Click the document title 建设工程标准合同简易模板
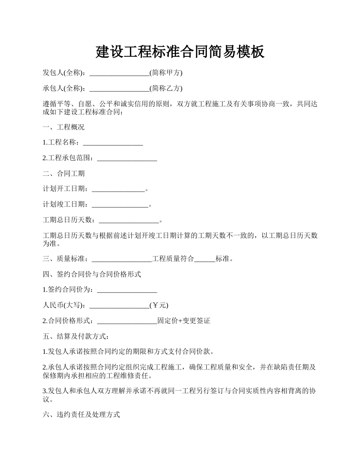coord(180,52)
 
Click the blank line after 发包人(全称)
coord(119,73)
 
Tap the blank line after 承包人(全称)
coord(119,89)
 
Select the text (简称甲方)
coord(166,73)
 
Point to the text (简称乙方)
coord(166,88)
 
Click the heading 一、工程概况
coord(63,127)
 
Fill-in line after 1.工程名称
coord(113,143)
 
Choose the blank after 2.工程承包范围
coord(127,158)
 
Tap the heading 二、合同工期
coord(63,174)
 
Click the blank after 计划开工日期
coord(118,189)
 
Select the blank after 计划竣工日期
coord(120,205)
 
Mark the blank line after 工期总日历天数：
coord(128,220)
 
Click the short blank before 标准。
coord(205,259)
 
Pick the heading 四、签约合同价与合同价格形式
coord(92,274)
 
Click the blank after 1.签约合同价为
coord(127,290)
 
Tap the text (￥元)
coord(159,305)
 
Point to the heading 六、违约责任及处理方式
coord(81,414)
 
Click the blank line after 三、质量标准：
coord(122,259)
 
